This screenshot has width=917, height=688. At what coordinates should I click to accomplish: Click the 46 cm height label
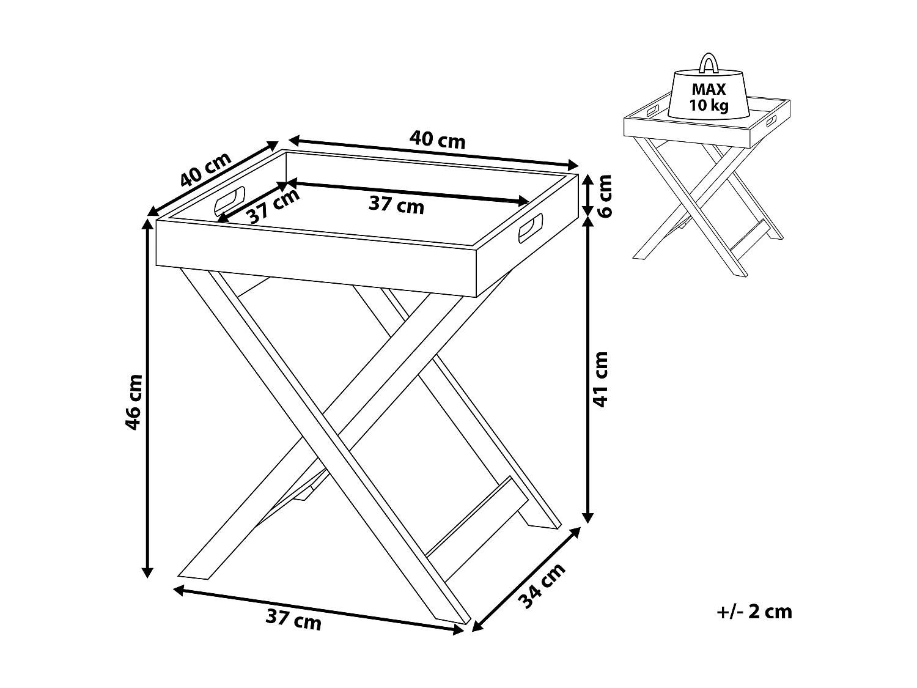[134, 402]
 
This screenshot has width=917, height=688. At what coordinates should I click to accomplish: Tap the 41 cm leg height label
[602, 379]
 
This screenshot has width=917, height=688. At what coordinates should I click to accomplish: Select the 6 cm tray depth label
[604, 195]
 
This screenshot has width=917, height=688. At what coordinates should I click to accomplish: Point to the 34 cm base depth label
[542, 586]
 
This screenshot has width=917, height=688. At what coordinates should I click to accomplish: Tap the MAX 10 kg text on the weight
[709, 97]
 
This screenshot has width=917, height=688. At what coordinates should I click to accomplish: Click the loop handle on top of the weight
[709, 64]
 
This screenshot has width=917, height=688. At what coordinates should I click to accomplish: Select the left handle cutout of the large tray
[229, 200]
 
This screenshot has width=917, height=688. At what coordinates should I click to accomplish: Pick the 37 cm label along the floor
[293, 621]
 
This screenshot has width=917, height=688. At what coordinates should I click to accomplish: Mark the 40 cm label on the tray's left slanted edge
[206, 169]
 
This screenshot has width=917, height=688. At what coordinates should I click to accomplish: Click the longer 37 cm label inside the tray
[396, 205]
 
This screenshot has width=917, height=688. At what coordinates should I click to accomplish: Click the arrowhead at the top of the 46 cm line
[147, 223]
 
